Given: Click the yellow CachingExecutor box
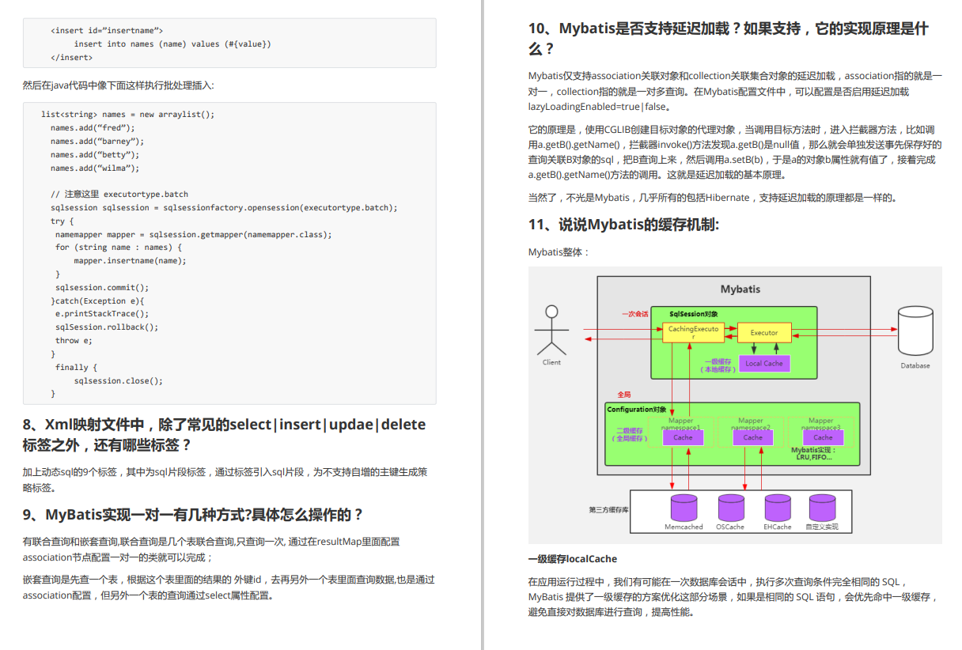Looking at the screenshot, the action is (x=693, y=332).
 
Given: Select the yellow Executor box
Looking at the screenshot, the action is (x=763, y=332).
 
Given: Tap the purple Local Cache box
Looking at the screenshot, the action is (x=763, y=364).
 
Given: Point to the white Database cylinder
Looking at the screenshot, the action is (x=915, y=331).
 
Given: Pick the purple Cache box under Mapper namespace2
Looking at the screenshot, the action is (x=752, y=437).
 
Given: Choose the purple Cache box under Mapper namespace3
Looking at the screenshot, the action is (x=823, y=437).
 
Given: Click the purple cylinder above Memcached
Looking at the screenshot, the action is (x=684, y=507).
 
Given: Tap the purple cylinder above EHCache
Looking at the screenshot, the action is (x=777, y=507).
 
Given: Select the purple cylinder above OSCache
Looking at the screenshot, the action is (x=730, y=507).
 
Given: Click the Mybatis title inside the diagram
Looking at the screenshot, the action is (x=740, y=289).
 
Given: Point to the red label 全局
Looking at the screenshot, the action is (x=624, y=394).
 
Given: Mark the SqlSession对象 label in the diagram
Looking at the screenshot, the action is (x=693, y=314).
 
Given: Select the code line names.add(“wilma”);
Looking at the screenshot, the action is (x=95, y=168).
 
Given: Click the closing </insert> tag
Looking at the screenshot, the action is (x=71, y=58).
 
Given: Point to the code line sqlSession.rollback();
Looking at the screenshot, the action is (x=106, y=327).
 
